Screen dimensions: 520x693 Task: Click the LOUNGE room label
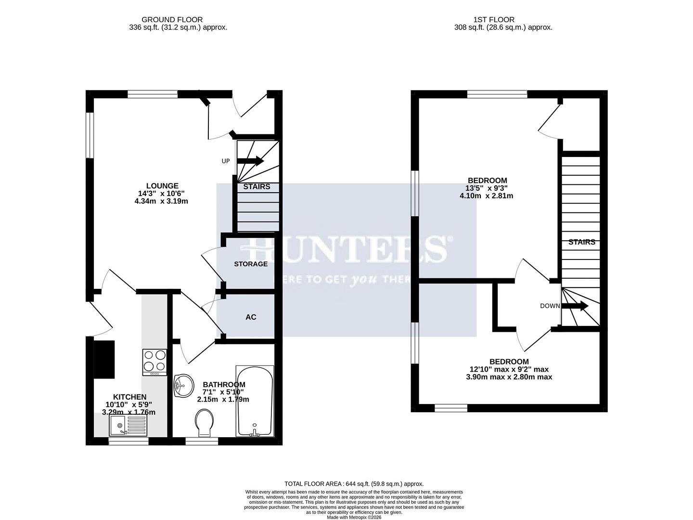tap(162, 186)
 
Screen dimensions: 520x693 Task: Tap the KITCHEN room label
tap(129, 397)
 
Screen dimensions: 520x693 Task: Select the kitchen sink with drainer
tap(128, 425)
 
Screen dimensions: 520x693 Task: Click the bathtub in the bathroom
tap(254, 401)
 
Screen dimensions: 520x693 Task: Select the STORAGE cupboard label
tap(251, 264)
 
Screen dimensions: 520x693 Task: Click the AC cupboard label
tap(251, 317)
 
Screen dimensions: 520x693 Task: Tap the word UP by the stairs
tap(226, 161)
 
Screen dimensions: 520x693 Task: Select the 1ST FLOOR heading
tap(494, 20)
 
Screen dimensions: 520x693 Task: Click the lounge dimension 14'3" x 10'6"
tap(161, 194)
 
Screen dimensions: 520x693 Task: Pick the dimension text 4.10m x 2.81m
tap(486, 196)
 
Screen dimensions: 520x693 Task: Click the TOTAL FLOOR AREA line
tap(354, 484)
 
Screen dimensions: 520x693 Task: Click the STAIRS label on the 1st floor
tap(582, 242)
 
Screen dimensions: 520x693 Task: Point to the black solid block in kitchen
tap(104, 359)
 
